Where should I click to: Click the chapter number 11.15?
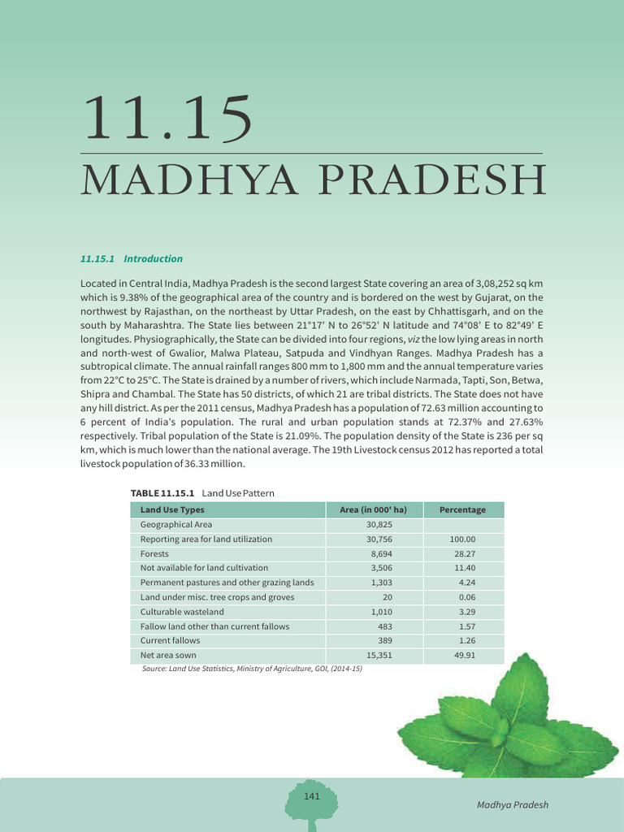[x=166, y=119]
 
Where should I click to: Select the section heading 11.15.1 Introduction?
[x=132, y=258]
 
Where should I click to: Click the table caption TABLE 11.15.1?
[x=162, y=493]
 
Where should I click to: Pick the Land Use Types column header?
[x=172, y=510]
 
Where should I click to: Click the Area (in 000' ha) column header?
[x=373, y=510]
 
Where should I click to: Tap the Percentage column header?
[x=462, y=510]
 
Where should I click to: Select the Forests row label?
[x=154, y=553]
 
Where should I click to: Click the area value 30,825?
[x=379, y=525]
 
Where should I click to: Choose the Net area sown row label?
[x=168, y=655]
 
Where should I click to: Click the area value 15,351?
[x=379, y=655]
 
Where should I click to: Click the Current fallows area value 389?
[x=385, y=640]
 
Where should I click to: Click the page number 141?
[x=311, y=796]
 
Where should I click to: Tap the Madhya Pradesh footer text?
[x=513, y=805]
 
